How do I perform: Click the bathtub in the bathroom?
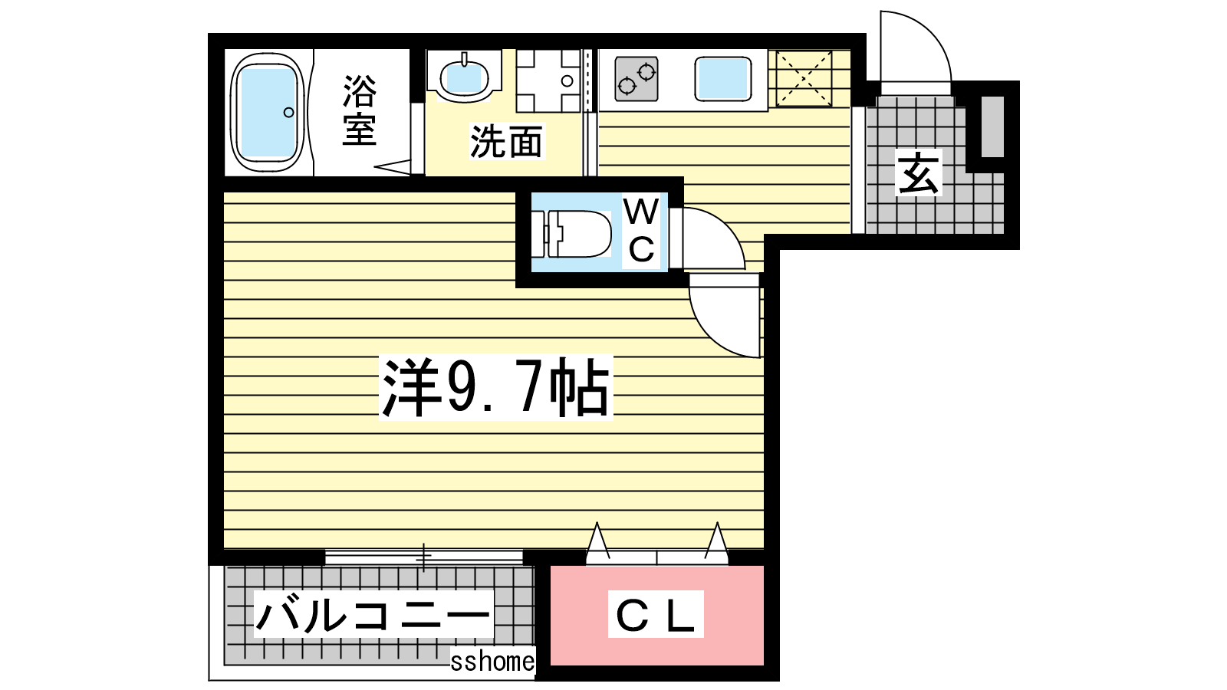(268, 112)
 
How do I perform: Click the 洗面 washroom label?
(506, 141)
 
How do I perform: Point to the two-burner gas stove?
(637, 80)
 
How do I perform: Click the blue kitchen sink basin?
(723, 80)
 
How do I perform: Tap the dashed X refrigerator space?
(804, 78)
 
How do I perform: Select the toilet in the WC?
(572, 234)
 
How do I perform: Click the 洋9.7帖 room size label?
(495, 388)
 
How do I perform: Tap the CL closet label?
(656, 614)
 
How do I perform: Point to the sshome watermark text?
(492, 661)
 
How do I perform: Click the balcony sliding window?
(424, 557)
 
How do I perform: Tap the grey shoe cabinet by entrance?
(992, 127)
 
